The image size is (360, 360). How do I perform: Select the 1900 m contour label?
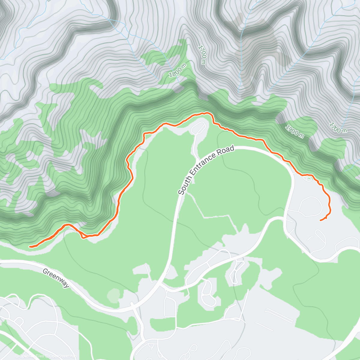coord(294,132)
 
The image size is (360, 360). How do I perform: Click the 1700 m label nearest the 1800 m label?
coord(202,55)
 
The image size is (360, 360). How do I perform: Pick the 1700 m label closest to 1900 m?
coord(338,127)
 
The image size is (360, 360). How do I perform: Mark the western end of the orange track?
coord(30,247)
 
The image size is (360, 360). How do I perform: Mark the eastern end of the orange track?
coord(320,220)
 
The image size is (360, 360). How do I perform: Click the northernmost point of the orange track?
coord(206,113)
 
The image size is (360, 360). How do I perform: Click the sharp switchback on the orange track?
coord(82,237)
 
